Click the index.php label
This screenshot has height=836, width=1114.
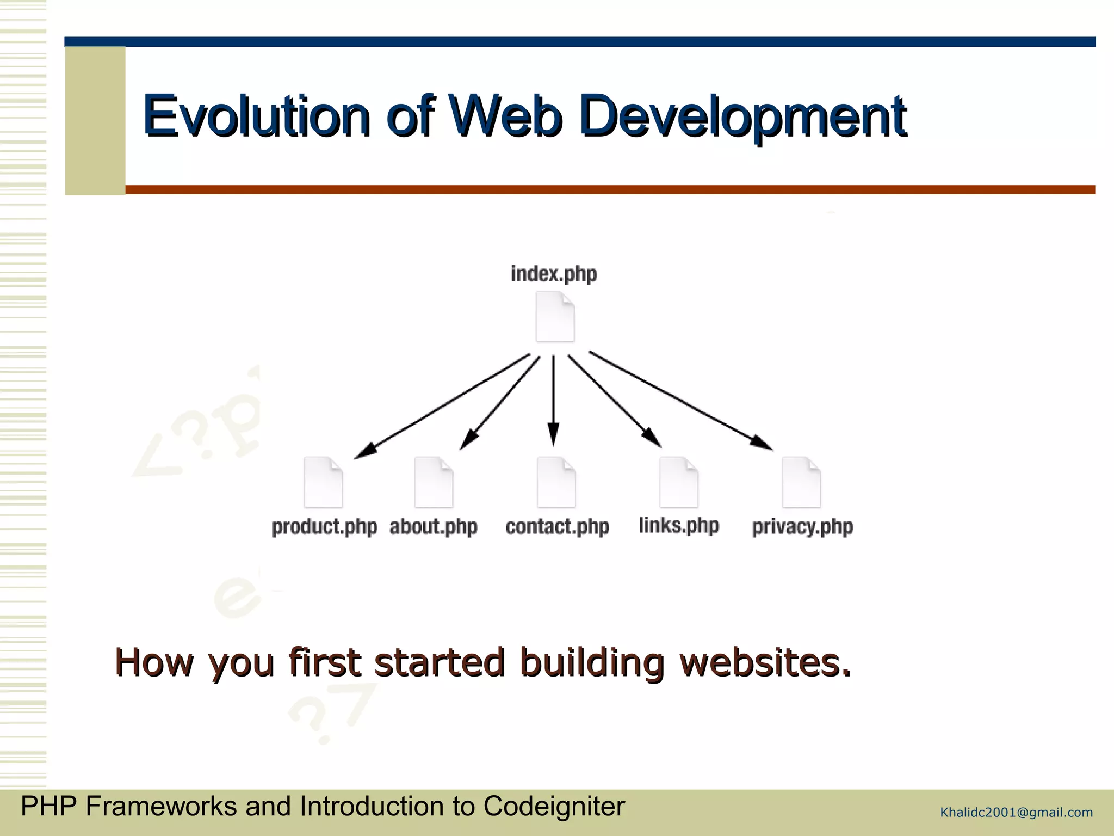tap(554, 274)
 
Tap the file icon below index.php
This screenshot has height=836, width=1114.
tap(555, 317)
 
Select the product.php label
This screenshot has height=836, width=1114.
tap(324, 527)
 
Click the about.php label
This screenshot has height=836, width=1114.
tap(434, 527)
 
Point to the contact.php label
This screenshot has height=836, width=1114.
tap(557, 527)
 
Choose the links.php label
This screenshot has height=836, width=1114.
tap(679, 525)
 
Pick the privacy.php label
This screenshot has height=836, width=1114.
tap(802, 527)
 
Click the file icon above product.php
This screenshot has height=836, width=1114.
tap(324, 482)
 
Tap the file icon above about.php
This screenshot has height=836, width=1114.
tap(434, 482)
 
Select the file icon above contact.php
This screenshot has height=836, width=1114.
tap(556, 482)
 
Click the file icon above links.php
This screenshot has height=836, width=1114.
tap(679, 482)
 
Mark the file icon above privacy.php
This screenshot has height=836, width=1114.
tap(801, 482)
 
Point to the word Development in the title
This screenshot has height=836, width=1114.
tap(742, 116)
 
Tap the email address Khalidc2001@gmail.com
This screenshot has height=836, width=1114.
tap(1016, 813)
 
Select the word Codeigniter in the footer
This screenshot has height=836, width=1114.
tap(554, 807)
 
